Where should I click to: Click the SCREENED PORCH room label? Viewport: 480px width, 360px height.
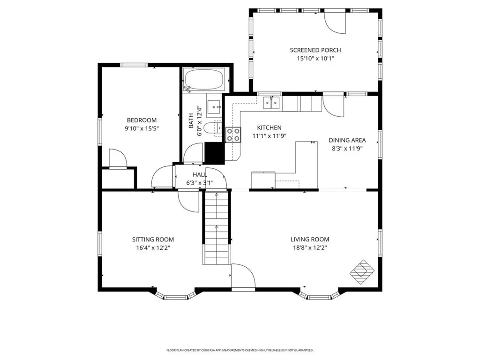(x=315, y=50)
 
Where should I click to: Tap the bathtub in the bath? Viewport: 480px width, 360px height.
(x=204, y=80)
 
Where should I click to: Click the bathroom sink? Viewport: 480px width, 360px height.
(x=215, y=107)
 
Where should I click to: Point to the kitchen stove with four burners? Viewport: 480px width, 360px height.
(x=233, y=135)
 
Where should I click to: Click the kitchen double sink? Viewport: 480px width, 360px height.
(x=271, y=103)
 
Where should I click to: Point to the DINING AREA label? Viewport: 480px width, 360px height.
(x=347, y=140)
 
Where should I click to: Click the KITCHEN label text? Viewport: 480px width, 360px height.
(x=269, y=127)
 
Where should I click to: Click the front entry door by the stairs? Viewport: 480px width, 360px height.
(x=243, y=277)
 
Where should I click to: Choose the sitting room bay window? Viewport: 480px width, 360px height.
(x=174, y=295)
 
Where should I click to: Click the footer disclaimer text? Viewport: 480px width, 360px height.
(x=240, y=350)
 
